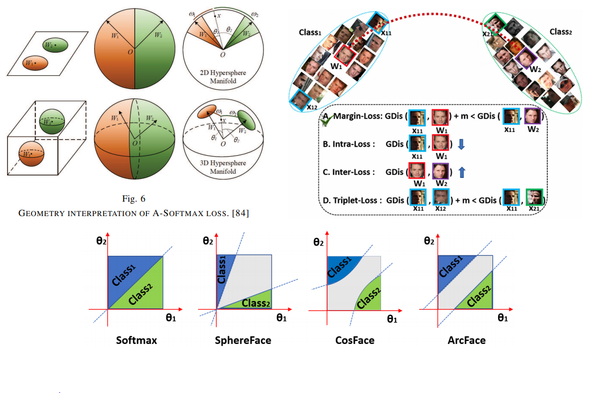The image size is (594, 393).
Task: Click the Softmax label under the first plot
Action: [x=137, y=340]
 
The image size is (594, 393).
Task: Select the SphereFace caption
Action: [x=243, y=340]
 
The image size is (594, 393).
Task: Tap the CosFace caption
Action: [x=354, y=340]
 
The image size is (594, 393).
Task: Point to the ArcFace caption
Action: [x=466, y=340]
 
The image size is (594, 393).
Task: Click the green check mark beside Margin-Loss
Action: [x=326, y=120]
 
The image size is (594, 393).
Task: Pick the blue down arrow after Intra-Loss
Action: [x=461, y=145]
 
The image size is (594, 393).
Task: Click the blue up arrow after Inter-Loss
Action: [x=461, y=172]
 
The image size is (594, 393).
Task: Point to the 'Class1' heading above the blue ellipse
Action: [x=310, y=32]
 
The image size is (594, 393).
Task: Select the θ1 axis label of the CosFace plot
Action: [x=392, y=320]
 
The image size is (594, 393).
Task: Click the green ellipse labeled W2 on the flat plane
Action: [x=55, y=45]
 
